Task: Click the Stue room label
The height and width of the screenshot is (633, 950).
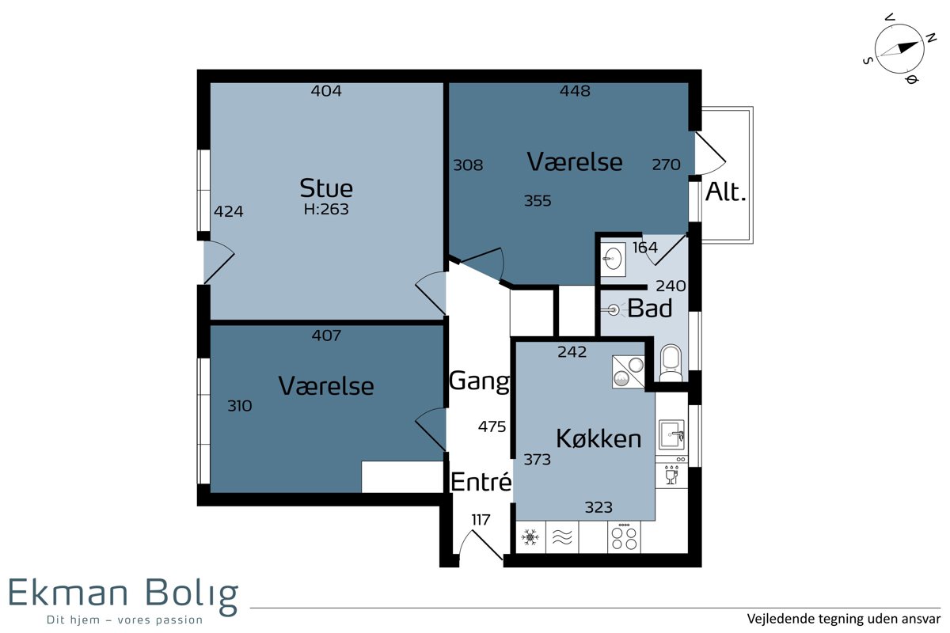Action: (x=325, y=188)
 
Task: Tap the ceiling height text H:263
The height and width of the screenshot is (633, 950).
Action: (x=325, y=209)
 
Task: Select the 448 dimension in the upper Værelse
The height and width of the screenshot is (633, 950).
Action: (x=575, y=91)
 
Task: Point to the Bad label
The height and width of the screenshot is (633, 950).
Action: (x=650, y=309)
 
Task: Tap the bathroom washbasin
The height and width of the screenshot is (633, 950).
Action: (x=614, y=259)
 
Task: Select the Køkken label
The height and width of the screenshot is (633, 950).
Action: (x=598, y=438)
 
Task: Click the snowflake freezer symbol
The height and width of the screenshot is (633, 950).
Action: (x=530, y=537)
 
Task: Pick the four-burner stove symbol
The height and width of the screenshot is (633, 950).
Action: (x=624, y=537)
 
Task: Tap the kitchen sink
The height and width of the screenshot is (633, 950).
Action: (x=671, y=434)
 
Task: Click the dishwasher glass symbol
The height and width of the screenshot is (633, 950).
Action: (x=671, y=476)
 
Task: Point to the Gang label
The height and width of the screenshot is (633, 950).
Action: (x=479, y=381)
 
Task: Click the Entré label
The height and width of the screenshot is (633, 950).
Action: (x=481, y=482)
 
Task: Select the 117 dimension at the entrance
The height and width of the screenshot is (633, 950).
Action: (x=481, y=520)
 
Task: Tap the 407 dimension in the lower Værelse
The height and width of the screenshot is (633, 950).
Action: (x=326, y=335)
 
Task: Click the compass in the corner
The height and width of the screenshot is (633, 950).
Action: (x=899, y=48)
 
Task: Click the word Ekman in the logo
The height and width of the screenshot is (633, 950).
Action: (x=68, y=593)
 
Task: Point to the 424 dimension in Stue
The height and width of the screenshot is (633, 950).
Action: (x=228, y=211)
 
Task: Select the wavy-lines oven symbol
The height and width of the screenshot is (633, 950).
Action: (x=562, y=537)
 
